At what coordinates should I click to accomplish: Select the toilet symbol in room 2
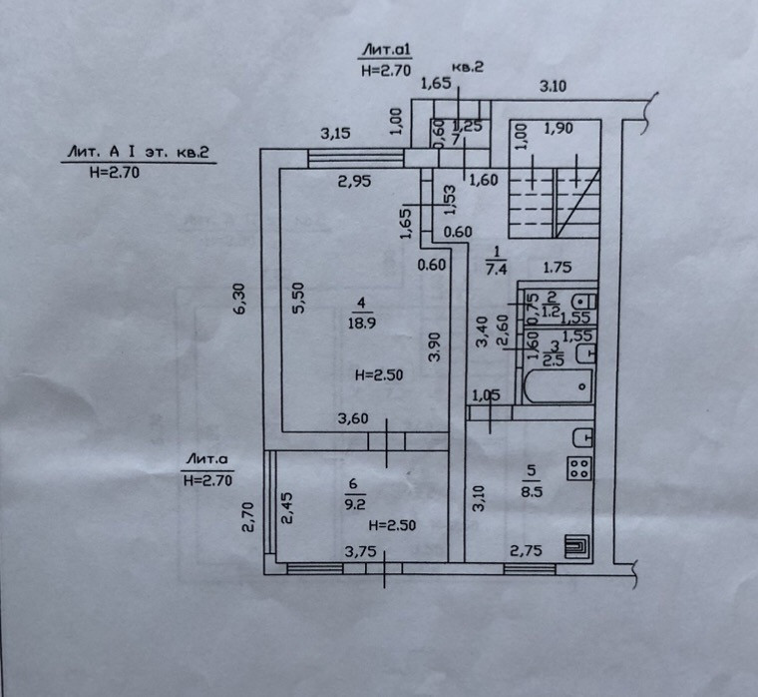583,301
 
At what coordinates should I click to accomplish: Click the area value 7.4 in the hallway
496,267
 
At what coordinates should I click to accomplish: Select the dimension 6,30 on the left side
236,299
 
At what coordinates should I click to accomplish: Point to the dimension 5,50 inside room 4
297,299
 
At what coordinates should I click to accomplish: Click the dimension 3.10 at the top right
553,87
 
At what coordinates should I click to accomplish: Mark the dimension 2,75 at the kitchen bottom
525,550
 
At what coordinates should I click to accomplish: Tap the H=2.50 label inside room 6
392,525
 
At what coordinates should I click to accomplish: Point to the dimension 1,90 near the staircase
560,129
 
